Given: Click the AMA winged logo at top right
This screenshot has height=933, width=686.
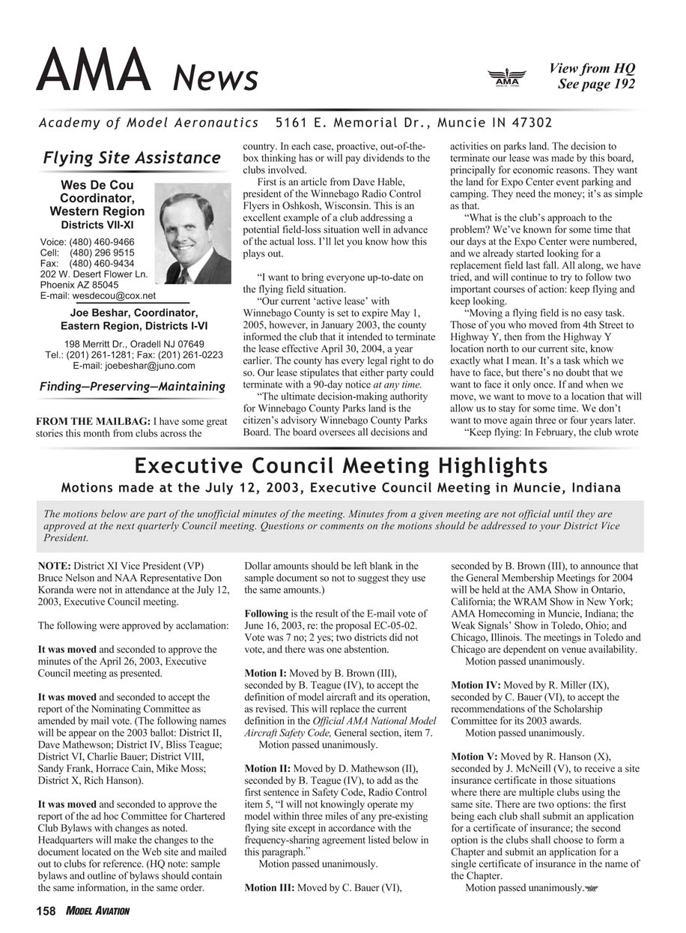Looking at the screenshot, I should pos(507,77).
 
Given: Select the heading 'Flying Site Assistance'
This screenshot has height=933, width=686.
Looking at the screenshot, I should pos(132,157).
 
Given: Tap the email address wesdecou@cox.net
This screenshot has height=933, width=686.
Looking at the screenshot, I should pos(114,296).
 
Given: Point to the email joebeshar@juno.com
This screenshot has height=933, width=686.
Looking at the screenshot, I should pos(133,366).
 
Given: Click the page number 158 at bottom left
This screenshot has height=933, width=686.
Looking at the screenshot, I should pos(46,911).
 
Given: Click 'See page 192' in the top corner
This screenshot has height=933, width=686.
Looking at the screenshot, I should pos(595,84).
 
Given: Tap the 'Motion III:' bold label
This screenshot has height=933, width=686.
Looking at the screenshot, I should pos(270,888).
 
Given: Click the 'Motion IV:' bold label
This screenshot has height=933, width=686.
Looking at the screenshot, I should pos(476,685).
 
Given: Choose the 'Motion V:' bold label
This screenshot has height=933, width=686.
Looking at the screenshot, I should pos(474,756).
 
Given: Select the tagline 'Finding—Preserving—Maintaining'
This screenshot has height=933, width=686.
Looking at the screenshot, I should pos(132,387).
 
